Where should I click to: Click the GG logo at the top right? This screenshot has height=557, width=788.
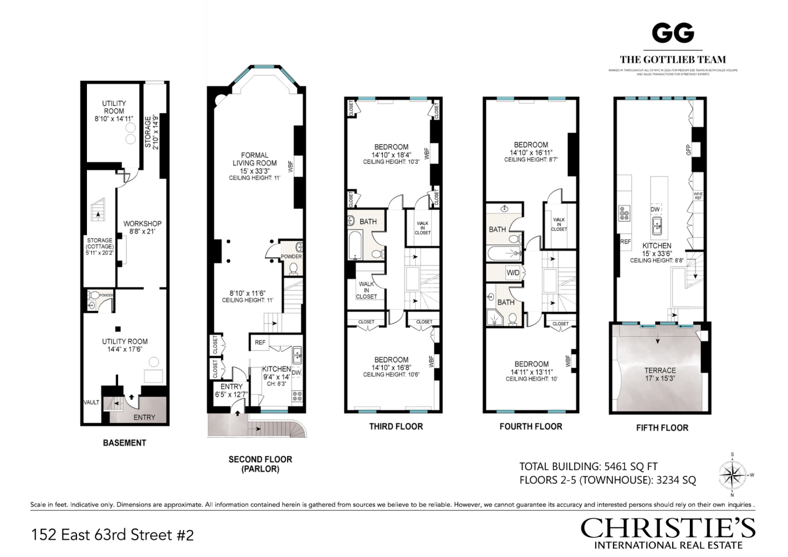pos(673,33)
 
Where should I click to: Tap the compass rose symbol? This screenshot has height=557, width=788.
pos(732,475)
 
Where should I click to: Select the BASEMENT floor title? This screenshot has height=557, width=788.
pos(124,443)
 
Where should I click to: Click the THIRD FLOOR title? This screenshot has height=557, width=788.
pos(396,427)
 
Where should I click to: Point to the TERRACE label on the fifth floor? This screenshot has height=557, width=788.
pos(660,370)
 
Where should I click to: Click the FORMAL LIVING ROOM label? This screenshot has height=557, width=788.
pos(255,159)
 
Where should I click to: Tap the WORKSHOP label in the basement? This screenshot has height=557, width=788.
pos(142,223)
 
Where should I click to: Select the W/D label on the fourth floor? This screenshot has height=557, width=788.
pos(513,273)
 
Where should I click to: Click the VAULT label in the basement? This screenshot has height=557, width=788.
pos(91,402)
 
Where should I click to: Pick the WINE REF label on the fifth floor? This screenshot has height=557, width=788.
pos(698,196)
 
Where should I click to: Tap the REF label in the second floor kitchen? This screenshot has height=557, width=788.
pos(260,342)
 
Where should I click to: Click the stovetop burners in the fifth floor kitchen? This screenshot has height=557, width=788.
pos(624,213)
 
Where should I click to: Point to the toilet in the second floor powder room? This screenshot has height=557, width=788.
pos(293,268)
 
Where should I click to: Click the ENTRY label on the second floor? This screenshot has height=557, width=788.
pos(231,387)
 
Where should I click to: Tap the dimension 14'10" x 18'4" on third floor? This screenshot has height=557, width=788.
pos(391,155)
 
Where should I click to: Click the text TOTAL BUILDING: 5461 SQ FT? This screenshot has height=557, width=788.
pos(588,467)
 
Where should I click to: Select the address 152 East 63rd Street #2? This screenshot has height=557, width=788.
pos(113,535)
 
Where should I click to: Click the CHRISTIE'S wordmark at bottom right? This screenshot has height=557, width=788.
pos(668,527)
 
